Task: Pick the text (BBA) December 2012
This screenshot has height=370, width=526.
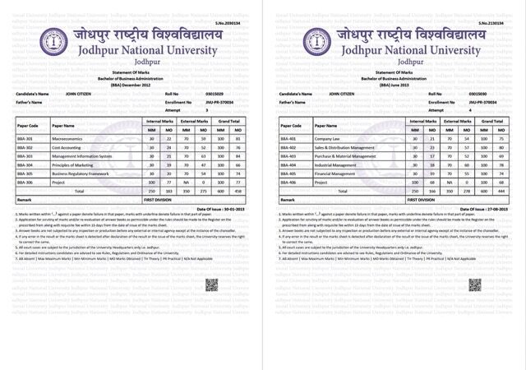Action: [x=131, y=84]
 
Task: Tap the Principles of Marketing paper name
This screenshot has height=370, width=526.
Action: [x=76, y=164]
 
